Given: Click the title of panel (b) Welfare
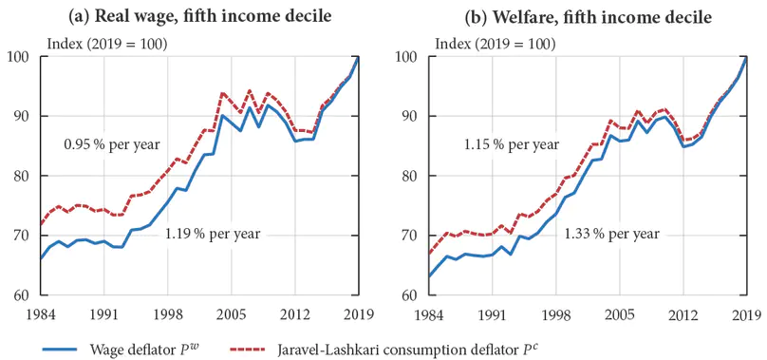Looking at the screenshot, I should [588, 16].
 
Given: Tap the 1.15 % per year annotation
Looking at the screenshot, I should [511, 145].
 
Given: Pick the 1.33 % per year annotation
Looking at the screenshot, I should [612, 233].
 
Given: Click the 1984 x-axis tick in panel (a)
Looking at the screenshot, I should [41, 314].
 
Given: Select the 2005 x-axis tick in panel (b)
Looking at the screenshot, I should [621, 314].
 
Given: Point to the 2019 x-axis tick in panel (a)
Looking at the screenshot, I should [359, 314].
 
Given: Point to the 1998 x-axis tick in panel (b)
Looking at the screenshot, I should [556, 314].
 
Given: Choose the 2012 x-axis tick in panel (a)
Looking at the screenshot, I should [295, 314].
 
